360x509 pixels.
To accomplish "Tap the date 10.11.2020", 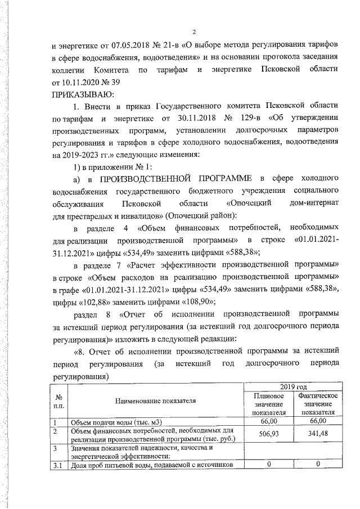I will [74, 82].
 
